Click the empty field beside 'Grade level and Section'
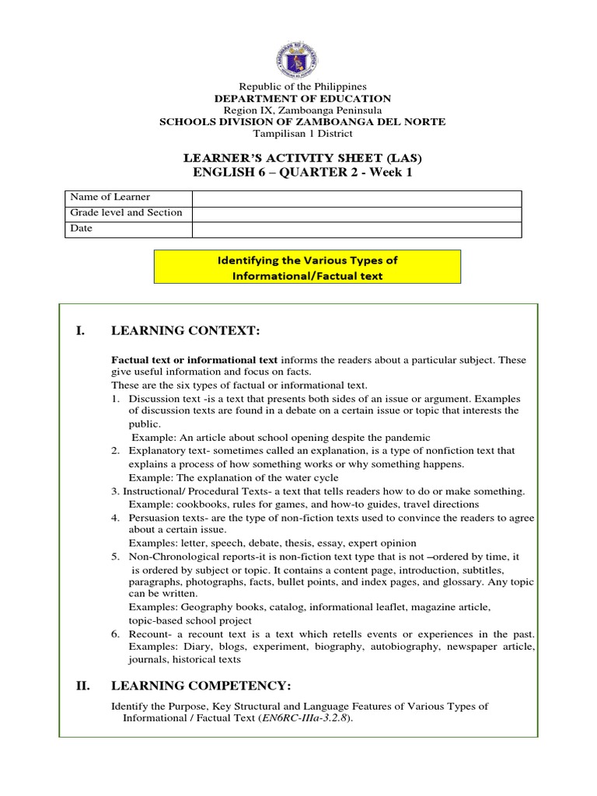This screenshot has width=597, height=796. (x=357, y=214)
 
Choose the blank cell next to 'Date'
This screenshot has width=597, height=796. (x=357, y=229)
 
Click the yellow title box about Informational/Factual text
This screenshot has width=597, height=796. (x=307, y=267)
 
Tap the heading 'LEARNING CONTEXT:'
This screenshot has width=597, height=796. (x=185, y=332)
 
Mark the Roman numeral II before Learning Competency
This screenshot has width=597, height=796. (x=84, y=685)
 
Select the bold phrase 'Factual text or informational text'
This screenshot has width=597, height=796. (x=194, y=361)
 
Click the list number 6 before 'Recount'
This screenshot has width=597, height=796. (x=114, y=634)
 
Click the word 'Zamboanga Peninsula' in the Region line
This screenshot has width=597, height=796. (x=340, y=110)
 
